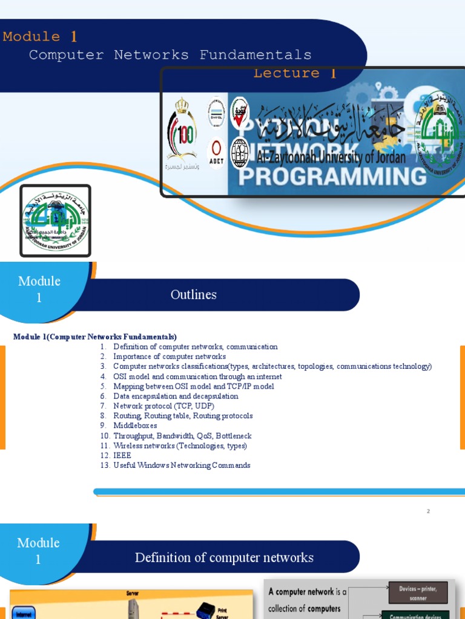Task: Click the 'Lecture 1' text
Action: [x=294, y=73]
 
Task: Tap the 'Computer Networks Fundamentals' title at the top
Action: [x=170, y=55]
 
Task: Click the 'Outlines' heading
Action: [x=193, y=295]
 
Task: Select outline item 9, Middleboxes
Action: [x=135, y=426]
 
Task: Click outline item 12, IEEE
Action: [x=122, y=455]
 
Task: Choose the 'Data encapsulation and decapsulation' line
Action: [x=176, y=396]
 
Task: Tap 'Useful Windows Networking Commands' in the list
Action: [x=182, y=465]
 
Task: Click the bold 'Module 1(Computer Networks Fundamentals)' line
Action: [x=95, y=337]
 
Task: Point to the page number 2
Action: [x=428, y=511]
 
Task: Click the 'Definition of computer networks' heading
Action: [x=224, y=557]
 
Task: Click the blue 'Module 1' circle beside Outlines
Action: [x=39, y=289]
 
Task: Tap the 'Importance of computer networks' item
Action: [x=170, y=357]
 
